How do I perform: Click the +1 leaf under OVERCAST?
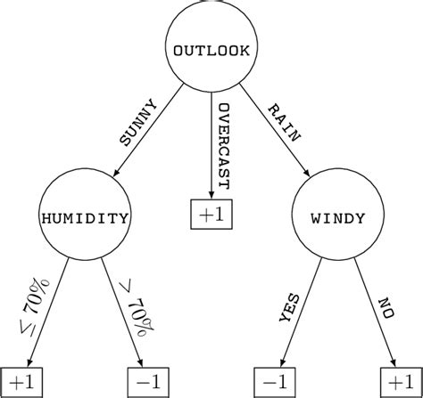(211, 215)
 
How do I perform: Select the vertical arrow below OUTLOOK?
(211, 142)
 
